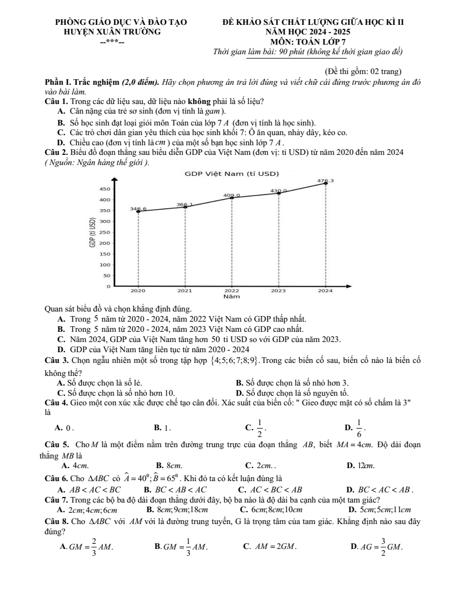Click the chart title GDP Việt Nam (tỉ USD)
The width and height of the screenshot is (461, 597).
232,173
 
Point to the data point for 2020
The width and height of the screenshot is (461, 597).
138,211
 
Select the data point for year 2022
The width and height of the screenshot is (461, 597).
232,198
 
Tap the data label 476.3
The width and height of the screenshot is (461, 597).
326,180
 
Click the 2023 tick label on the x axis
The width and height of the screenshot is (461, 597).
279,290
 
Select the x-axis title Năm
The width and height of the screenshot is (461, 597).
232,295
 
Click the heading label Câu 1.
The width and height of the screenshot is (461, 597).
56,102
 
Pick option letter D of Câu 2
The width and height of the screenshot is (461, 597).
60,348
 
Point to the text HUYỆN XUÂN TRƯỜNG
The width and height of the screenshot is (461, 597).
113,32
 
